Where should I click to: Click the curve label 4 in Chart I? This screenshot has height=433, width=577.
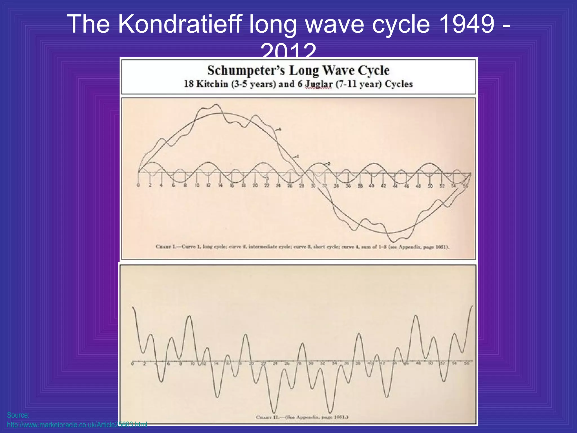[280, 129]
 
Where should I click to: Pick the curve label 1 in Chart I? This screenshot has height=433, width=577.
[298, 156]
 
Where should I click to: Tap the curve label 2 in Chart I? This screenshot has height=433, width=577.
[329, 164]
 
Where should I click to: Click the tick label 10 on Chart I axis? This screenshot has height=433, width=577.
[197, 185]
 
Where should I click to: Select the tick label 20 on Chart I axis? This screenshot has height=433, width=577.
[255, 185]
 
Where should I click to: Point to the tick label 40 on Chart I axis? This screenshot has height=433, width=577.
[372, 186]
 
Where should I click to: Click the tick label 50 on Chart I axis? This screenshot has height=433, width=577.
[430, 186]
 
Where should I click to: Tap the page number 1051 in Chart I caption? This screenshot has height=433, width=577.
[440, 247]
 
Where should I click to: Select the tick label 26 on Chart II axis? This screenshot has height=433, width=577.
[287, 364]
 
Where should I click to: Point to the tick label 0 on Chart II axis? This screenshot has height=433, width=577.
[132, 364]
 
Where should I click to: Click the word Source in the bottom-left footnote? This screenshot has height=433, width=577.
[18, 415]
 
